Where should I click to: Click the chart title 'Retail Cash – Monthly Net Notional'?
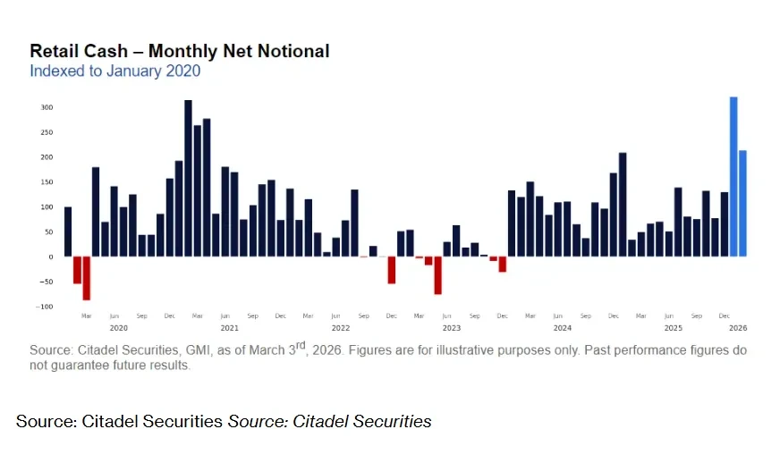click(x=179, y=51)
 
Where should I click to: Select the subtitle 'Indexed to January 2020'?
click(x=114, y=71)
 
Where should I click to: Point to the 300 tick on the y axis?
click(x=47, y=107)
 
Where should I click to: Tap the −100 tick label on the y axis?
click(x=45, y=307)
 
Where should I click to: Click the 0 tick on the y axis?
click(x=51, y=257)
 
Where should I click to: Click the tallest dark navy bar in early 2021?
click(x=188, y=179)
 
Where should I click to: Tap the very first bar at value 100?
click(x=68, y=231)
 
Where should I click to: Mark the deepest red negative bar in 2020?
click(x=87, y=278)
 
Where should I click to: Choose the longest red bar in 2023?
click(x=438, y=275)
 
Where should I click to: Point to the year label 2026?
click(x=738, y=328)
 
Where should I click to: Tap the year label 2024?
click(x=562, y=328)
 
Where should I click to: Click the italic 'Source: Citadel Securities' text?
click(x=329, y=421)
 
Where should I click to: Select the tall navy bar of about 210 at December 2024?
click(x=623, y=205)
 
